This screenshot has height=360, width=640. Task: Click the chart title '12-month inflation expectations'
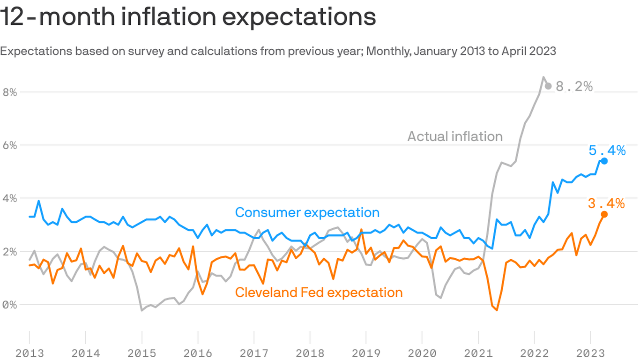(x=188, y=17)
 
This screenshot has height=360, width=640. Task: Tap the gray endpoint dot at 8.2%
(x=548, y=86)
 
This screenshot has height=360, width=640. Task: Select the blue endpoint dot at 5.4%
(x=604, y=161)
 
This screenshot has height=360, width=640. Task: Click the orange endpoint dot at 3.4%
(x=604, y=214)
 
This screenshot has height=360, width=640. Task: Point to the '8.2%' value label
(x=574, y=87)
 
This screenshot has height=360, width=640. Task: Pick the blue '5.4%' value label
(x=607, y=150)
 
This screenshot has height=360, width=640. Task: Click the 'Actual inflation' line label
(x=454, y=136)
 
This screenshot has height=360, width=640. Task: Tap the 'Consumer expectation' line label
(x=307, y=212)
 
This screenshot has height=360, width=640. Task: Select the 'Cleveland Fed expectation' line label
(x=319, y=292)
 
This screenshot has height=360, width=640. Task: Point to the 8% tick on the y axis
(x=9, y=92)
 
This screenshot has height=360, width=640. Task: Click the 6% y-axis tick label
(x=9, y=145)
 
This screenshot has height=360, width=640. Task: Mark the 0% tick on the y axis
(x=9, y=305)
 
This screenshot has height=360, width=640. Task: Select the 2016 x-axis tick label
(x=198, y=353)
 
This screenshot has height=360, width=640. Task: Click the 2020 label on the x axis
(x=422, y=353)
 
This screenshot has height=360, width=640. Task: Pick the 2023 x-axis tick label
(x=590, y=353)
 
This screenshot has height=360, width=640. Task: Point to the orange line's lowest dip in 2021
(x=497, y=310)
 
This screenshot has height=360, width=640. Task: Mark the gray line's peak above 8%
(x=543, y=77)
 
